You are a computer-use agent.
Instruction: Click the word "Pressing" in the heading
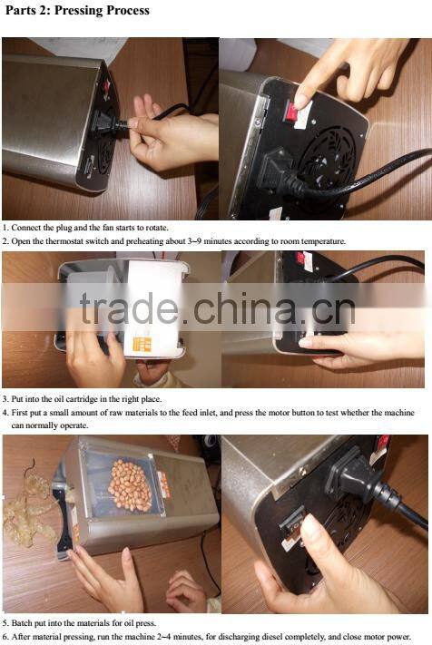pos(77,10)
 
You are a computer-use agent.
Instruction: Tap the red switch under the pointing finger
pos(292,112)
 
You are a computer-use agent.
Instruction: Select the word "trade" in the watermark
pos(129,308)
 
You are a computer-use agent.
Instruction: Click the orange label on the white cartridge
pos(142,345)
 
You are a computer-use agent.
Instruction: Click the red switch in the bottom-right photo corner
pos(383,442)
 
